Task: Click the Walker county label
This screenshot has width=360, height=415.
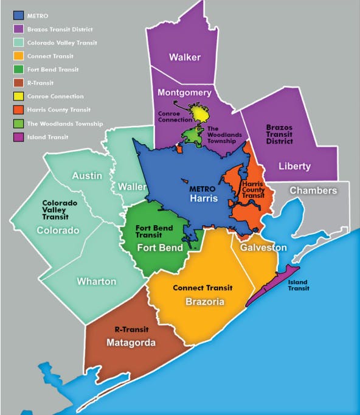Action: click(x=185, y=57)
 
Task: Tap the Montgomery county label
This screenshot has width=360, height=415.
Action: click(x=184, y=92)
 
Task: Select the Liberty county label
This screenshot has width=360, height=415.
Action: click(x=294, y=166)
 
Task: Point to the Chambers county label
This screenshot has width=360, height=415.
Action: click(x=313, y=190)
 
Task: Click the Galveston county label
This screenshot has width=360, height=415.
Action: click(x=263, y=248)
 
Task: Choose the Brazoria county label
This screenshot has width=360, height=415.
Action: click(x=206, y=302)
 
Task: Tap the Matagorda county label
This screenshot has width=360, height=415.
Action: click(x=131, y=343)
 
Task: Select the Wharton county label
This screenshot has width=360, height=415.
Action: click(x=96, y=281)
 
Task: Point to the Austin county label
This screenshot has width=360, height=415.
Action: click(x=87, y=175)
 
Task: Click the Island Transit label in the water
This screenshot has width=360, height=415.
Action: click(x=298, y=285)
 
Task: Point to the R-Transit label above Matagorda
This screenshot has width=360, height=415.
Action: click(x=131, y=329)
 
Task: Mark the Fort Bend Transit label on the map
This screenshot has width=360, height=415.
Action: click(x=154, y=231)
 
